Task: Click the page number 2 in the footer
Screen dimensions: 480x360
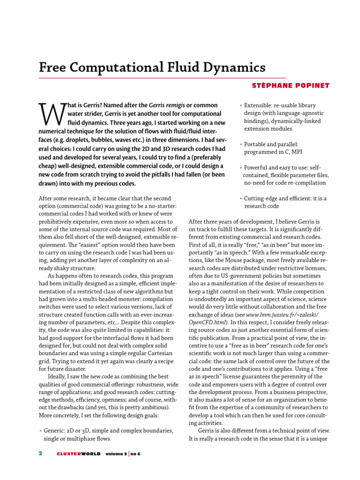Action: click(41, 454)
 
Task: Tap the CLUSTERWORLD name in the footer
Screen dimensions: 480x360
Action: click(78, 454)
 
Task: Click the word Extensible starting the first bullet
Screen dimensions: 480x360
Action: click(259, 105)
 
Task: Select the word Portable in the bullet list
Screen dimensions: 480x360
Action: click(257, 144)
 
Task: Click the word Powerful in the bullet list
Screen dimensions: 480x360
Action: click(258, 167)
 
